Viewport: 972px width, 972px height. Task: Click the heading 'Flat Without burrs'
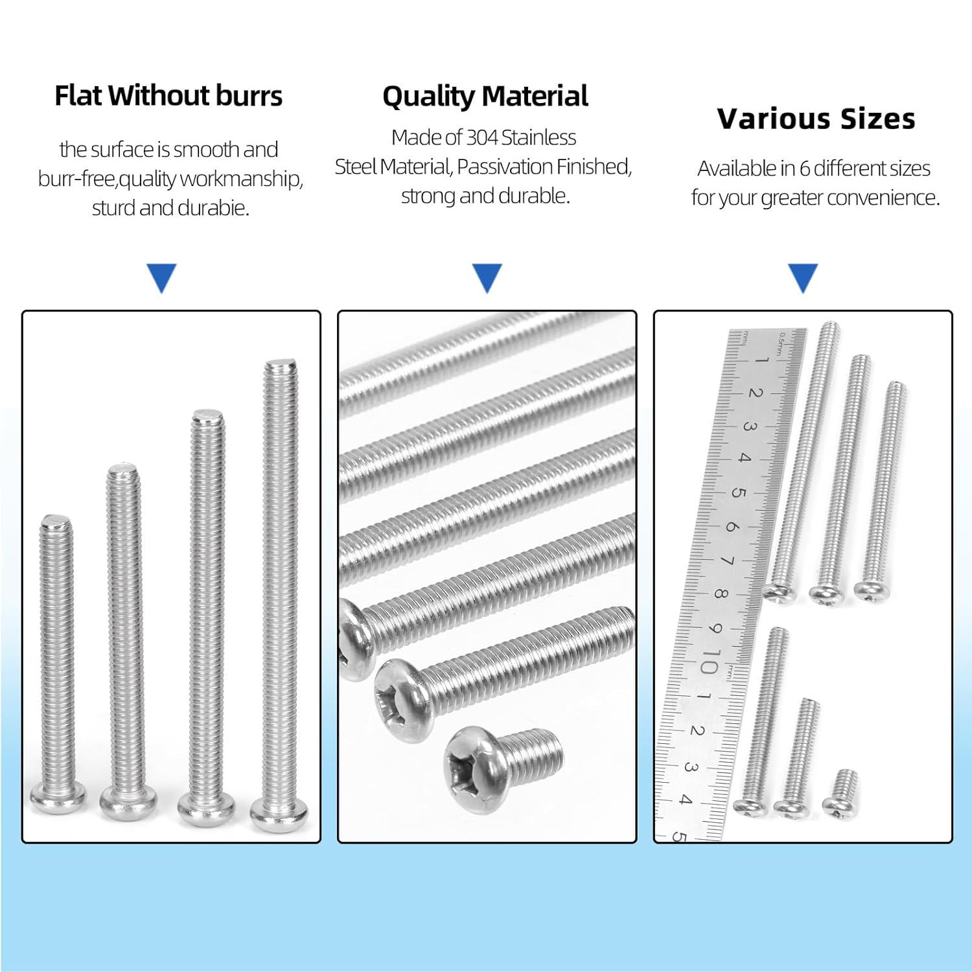168,96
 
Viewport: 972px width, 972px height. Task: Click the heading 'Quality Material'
485,97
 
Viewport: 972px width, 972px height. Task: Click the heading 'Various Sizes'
816,119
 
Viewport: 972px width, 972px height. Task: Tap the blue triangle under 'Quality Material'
487,277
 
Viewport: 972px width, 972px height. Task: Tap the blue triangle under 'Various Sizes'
803,277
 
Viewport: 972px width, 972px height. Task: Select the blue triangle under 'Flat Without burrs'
162,277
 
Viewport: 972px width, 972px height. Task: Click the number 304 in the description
482,137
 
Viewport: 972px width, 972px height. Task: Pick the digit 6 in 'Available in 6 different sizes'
804,168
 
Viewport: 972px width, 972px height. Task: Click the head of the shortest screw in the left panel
58,796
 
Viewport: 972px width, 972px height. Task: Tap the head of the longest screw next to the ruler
779,592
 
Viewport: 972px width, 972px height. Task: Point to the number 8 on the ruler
721,593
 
